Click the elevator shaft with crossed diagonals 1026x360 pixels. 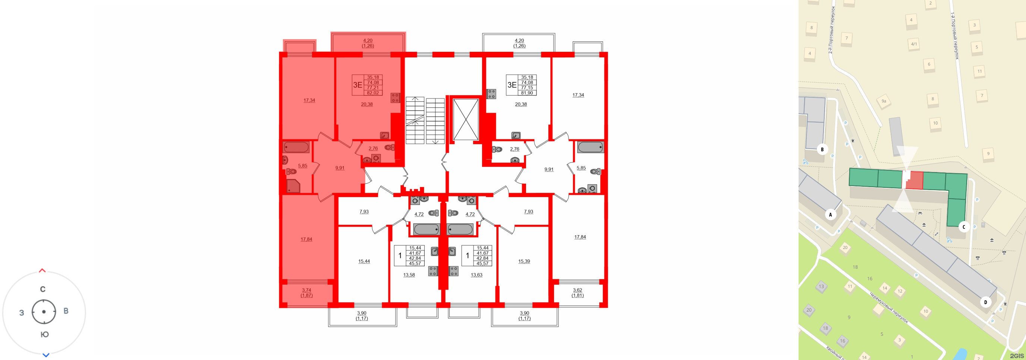pos(466,120)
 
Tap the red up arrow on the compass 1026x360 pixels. pos(42,271)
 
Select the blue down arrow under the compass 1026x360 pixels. pos(46,355)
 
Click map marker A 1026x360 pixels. pos(830,215)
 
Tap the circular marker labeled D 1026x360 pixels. pos(986,302)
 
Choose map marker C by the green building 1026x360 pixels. pos(964,227)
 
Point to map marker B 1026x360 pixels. pos(822,149)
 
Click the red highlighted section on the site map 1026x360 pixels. pos(916,180)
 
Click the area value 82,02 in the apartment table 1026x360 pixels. pos(373,93)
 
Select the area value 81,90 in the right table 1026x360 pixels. pos(527,93)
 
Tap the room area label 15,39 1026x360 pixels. pos(524,261)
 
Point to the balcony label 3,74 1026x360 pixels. pos(306,290)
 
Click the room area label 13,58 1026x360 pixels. pos(409,275)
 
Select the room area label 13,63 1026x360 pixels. pos(476,275)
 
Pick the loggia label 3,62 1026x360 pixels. pos(577,290)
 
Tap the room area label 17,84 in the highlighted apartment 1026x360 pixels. pos(306,239)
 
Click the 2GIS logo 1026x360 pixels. pos(1016,356)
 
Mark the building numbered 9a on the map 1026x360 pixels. pos(884,101)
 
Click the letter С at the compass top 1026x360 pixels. pos(43,289)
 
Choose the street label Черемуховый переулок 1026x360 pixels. pos(889,308)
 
